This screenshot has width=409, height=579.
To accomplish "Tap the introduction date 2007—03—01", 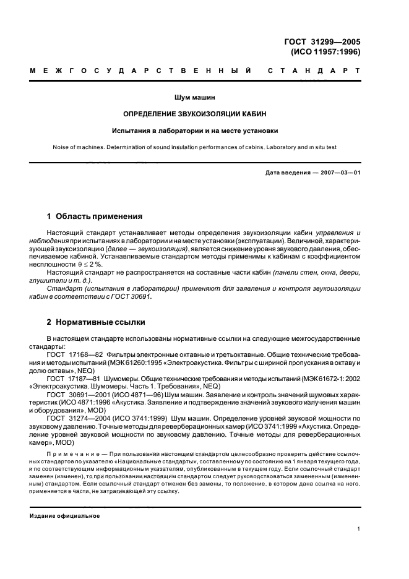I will pos(338,171).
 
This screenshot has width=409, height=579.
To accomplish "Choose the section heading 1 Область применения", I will pos(95,217).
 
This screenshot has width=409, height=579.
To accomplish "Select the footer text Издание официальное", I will pos(65,516).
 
